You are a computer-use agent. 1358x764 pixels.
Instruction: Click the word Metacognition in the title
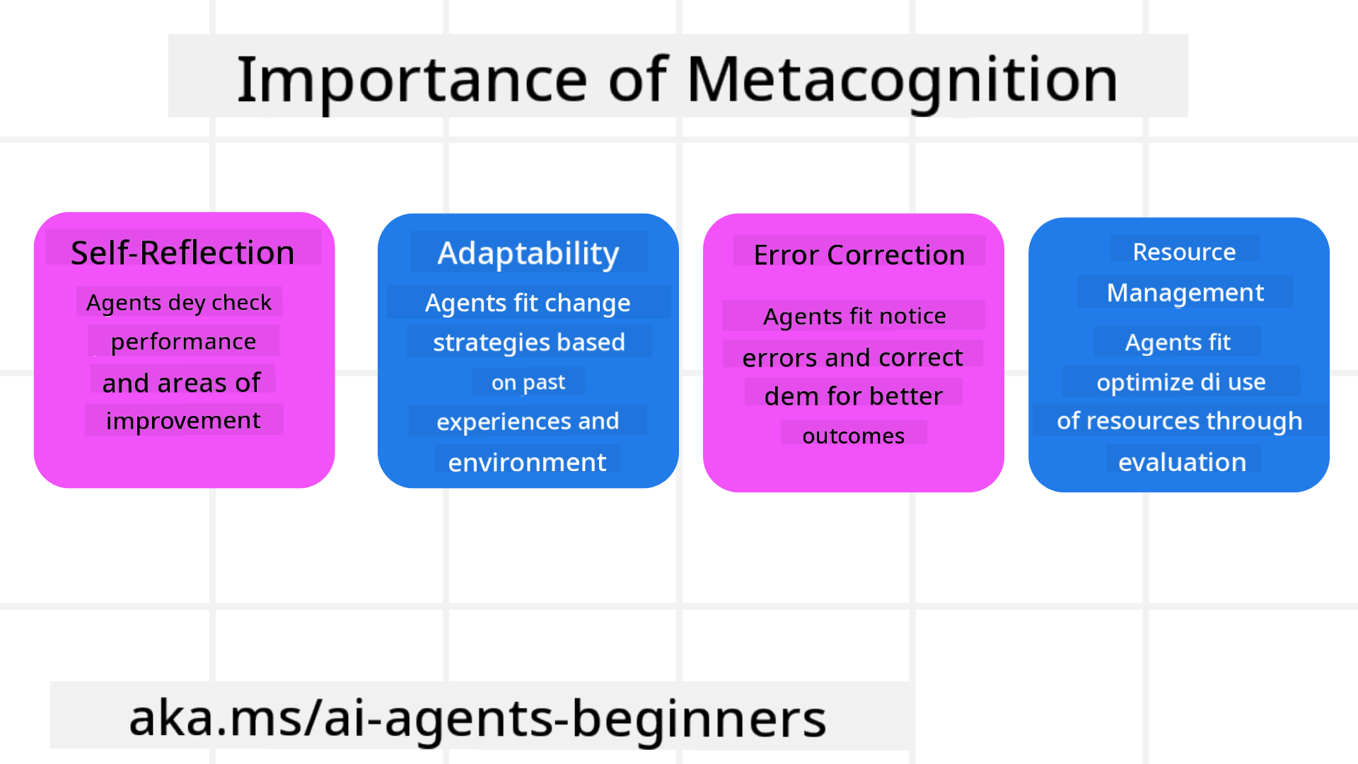coord(902,80)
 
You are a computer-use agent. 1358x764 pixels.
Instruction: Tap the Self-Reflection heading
coord(182,253)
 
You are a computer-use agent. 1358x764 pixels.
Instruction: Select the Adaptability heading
coord(528,253)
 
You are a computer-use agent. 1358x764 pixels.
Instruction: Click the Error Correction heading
coord(859,255)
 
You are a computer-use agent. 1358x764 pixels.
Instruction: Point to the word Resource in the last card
coord(1184,252)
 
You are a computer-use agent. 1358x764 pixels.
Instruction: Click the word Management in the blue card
coord(1185,292)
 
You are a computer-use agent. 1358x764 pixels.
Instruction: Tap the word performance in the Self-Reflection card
coord(183,342)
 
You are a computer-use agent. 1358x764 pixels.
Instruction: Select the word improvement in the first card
coord(183,420)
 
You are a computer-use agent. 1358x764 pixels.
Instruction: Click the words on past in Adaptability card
coord(528,382)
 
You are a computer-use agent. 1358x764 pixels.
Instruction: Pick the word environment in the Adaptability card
coord(527,462)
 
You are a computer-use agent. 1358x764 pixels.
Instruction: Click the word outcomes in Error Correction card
coord(853,436)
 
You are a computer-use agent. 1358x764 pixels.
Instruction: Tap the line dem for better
coord(853,395)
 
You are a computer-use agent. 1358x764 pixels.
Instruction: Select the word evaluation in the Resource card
coord(1182,462)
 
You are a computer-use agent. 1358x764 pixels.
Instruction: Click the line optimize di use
coord(1180,382)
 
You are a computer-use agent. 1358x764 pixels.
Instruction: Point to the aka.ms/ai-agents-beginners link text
coord(477,718)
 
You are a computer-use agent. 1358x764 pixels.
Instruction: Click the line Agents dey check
coord(179,302)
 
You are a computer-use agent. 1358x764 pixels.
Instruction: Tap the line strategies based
coord(528,342)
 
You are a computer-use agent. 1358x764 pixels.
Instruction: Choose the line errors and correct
coord(852,357)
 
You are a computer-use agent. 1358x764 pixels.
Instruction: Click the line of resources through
coord(1179,421)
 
